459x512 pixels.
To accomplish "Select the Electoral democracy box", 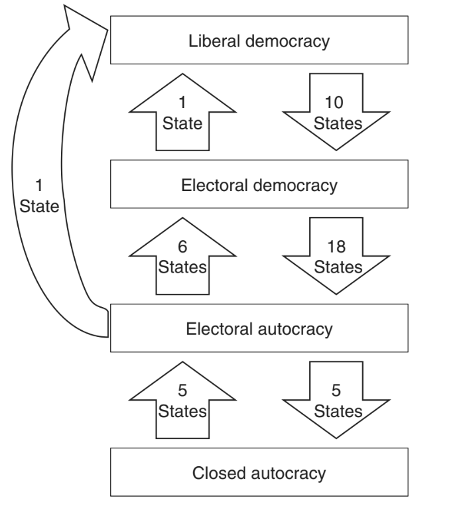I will coord(259,185).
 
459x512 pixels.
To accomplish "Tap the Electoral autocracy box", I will coord(259,328).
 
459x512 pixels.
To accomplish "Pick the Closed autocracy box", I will coord(259,473).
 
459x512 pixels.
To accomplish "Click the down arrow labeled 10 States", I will coord(338,113).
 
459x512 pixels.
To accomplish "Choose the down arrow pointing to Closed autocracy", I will coord(338,401).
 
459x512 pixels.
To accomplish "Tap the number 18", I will coord(338,245).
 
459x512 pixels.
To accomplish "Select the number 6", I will coord(182,245).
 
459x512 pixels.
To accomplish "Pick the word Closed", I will coord(216,473).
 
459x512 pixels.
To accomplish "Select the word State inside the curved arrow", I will coord(39,205).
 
